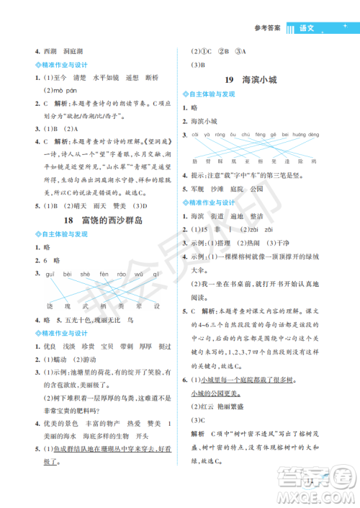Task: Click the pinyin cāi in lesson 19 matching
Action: point(194,135)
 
